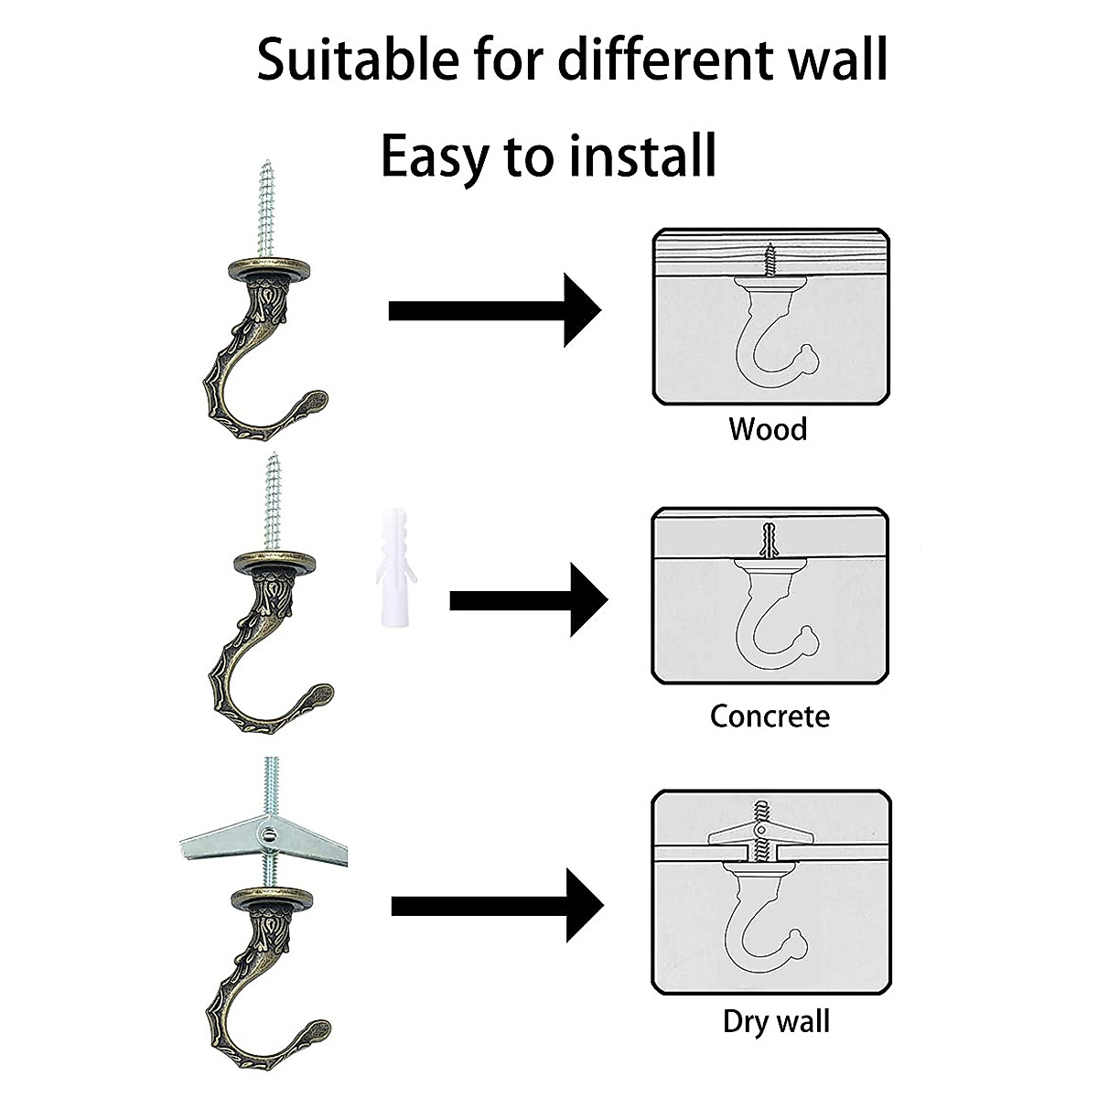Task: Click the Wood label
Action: click(x=768, y=428)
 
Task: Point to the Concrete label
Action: click(x=770, y=715)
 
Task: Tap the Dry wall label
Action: click(x=776, y=1020)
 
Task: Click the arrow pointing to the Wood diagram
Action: click(x=494, y=310)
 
